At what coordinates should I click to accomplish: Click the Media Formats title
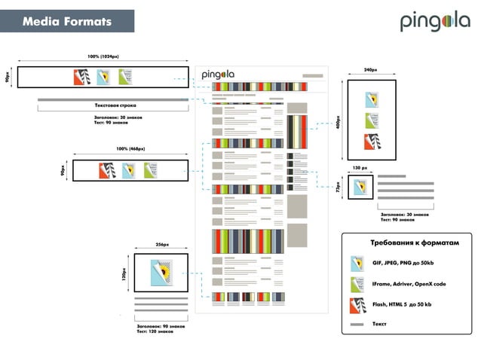coord(66,21)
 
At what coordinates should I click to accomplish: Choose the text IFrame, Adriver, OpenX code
coord(409,285)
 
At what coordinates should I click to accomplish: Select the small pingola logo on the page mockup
coord(218,74)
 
